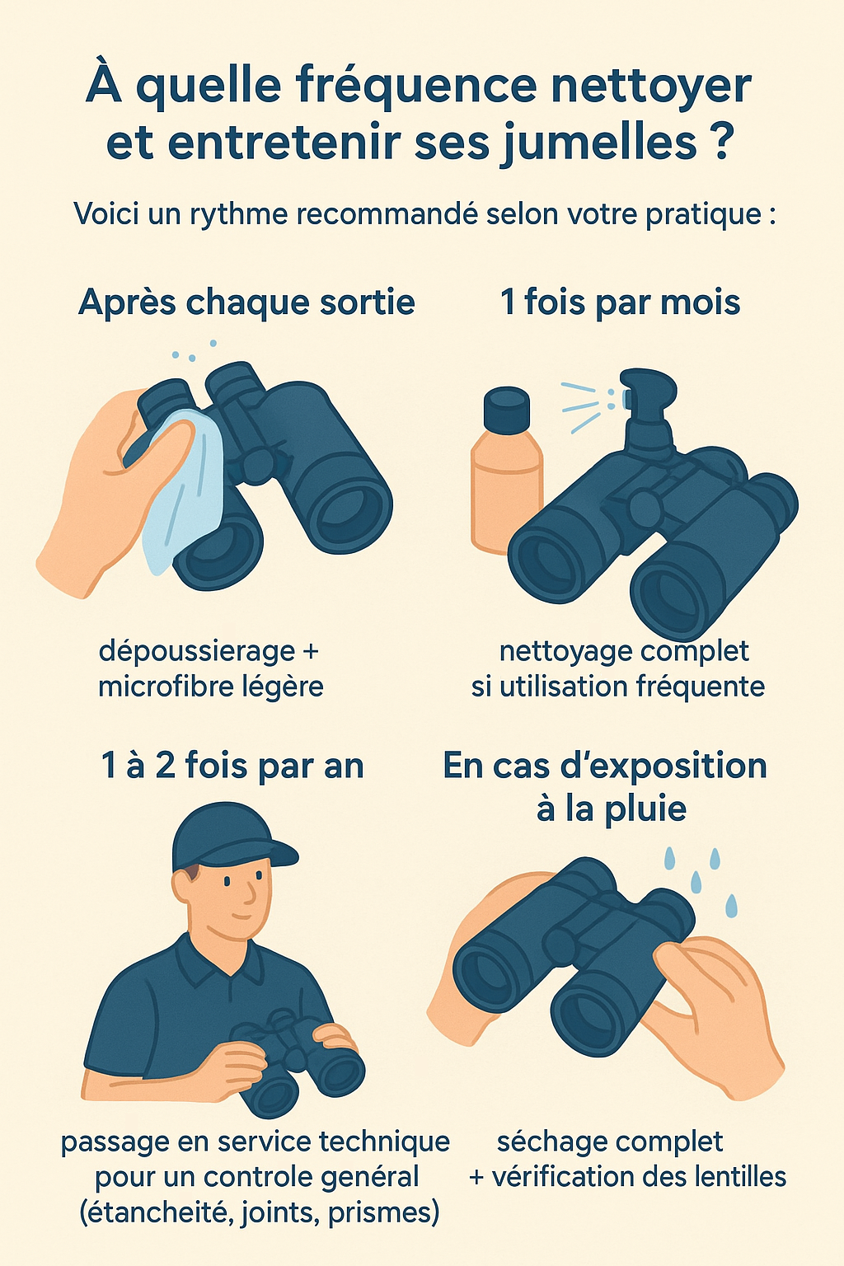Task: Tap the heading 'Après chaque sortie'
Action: [x=246, y=302]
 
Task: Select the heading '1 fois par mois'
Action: [x=620, y=302]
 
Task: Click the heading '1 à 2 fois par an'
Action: [x=232, y=766]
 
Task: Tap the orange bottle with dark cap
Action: [x=505, y=478]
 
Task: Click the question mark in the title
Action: [x=719, y=142]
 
